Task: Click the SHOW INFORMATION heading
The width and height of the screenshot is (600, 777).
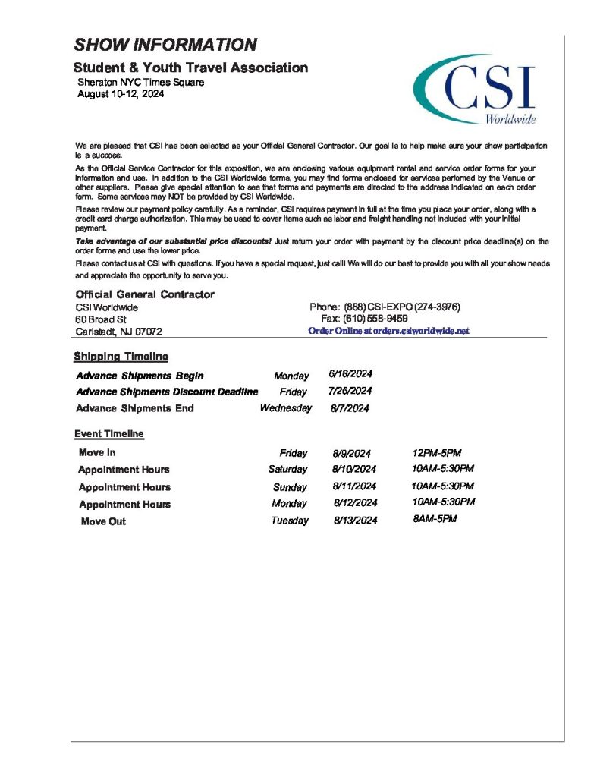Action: click(x=165, y=45)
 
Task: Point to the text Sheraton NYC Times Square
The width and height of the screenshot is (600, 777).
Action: click(x=140, y=82)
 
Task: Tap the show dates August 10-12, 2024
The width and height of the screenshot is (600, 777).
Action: click(x=121, y=94)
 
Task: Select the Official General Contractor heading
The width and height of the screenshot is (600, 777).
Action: click(x=145, y=294)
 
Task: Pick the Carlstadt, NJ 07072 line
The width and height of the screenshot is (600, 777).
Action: click(x=118, y=332)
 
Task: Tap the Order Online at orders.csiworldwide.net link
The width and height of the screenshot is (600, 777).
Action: click(x=388, y=331)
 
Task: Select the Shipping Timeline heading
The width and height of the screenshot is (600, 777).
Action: click(x=121, y=357)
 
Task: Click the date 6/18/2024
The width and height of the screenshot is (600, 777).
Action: click(x=350, y=374)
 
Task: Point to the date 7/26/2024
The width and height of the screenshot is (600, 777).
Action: click(x=350, y=391)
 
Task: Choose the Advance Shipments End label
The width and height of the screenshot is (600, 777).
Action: click(x=135, y=408)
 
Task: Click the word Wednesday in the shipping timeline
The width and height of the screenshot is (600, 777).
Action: click(x=285, y=408)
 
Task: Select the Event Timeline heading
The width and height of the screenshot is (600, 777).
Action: click(x=108, y=434)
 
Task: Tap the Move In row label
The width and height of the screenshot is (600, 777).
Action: click(x=97, y=452)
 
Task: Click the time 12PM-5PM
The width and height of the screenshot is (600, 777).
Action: click(x=437, y=452)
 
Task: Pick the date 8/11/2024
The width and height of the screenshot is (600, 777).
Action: click(x=354, y=486)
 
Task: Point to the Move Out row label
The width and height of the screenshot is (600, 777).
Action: click(x=103, y=521)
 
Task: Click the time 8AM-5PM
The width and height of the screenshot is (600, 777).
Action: click(x=435, y=518)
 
